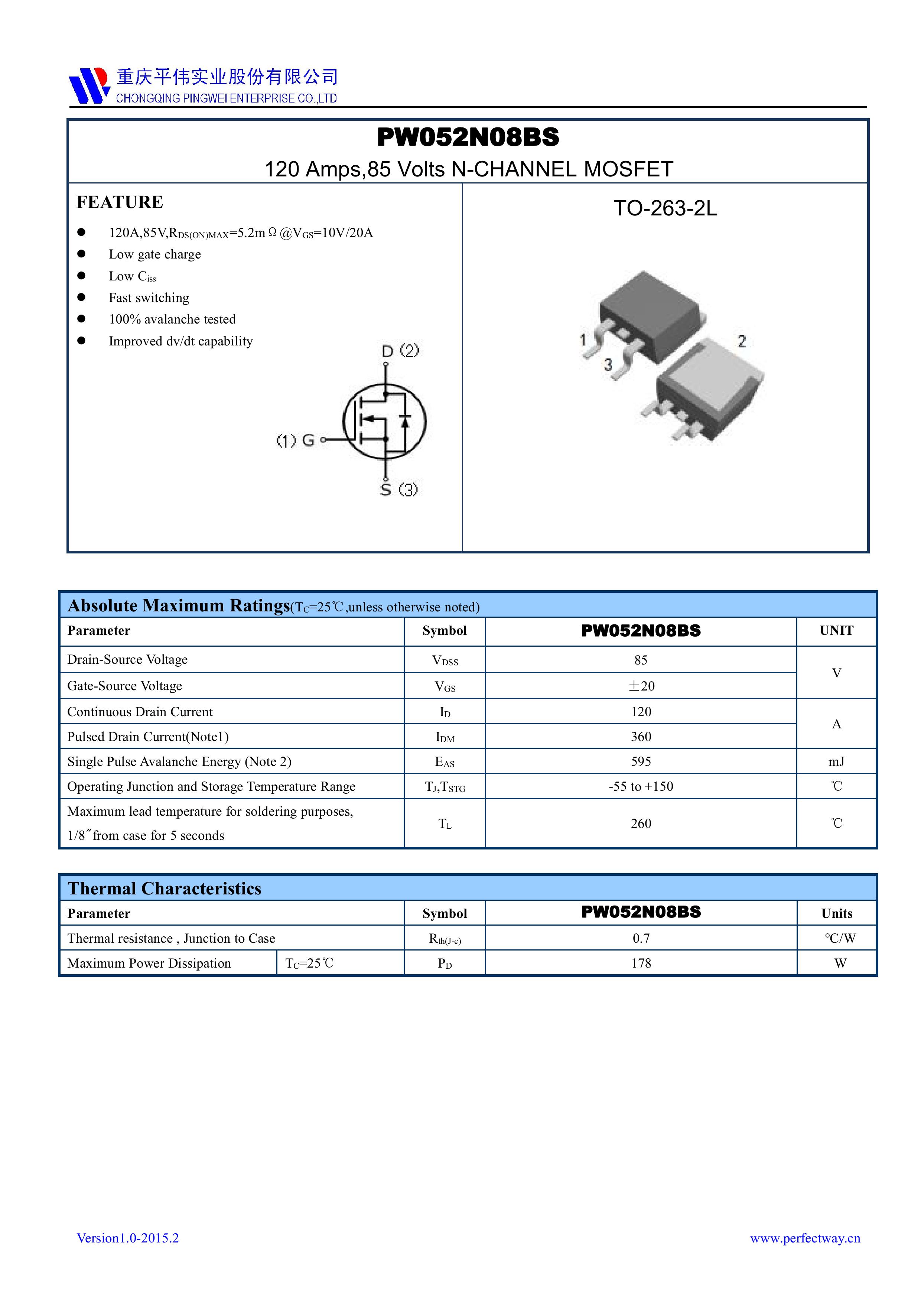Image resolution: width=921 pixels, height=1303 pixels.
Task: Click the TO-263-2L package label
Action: (665, 209)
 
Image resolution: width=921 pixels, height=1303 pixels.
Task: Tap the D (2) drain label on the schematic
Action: (400, 351)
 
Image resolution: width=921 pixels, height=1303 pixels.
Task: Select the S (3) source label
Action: (399, 489)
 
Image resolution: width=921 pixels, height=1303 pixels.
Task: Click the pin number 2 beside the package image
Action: (741, 341)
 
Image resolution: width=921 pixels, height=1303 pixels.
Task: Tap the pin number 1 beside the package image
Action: (583, 340)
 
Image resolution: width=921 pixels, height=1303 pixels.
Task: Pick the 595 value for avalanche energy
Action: (641, 761)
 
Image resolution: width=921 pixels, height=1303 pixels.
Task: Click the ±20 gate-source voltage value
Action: (641, 686)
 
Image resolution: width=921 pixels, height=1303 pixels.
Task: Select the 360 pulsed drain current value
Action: (641, 737)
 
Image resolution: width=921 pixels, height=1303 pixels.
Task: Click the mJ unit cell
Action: (836, 761)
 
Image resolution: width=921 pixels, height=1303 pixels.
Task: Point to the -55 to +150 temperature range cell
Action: (641, 787)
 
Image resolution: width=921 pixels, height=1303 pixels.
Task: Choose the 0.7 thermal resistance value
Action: (641, 939)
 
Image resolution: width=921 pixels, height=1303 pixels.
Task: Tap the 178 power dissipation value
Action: (641, 964)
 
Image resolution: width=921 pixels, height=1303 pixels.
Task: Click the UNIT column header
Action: (836, 630)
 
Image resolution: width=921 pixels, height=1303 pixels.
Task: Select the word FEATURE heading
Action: (120, 202)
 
